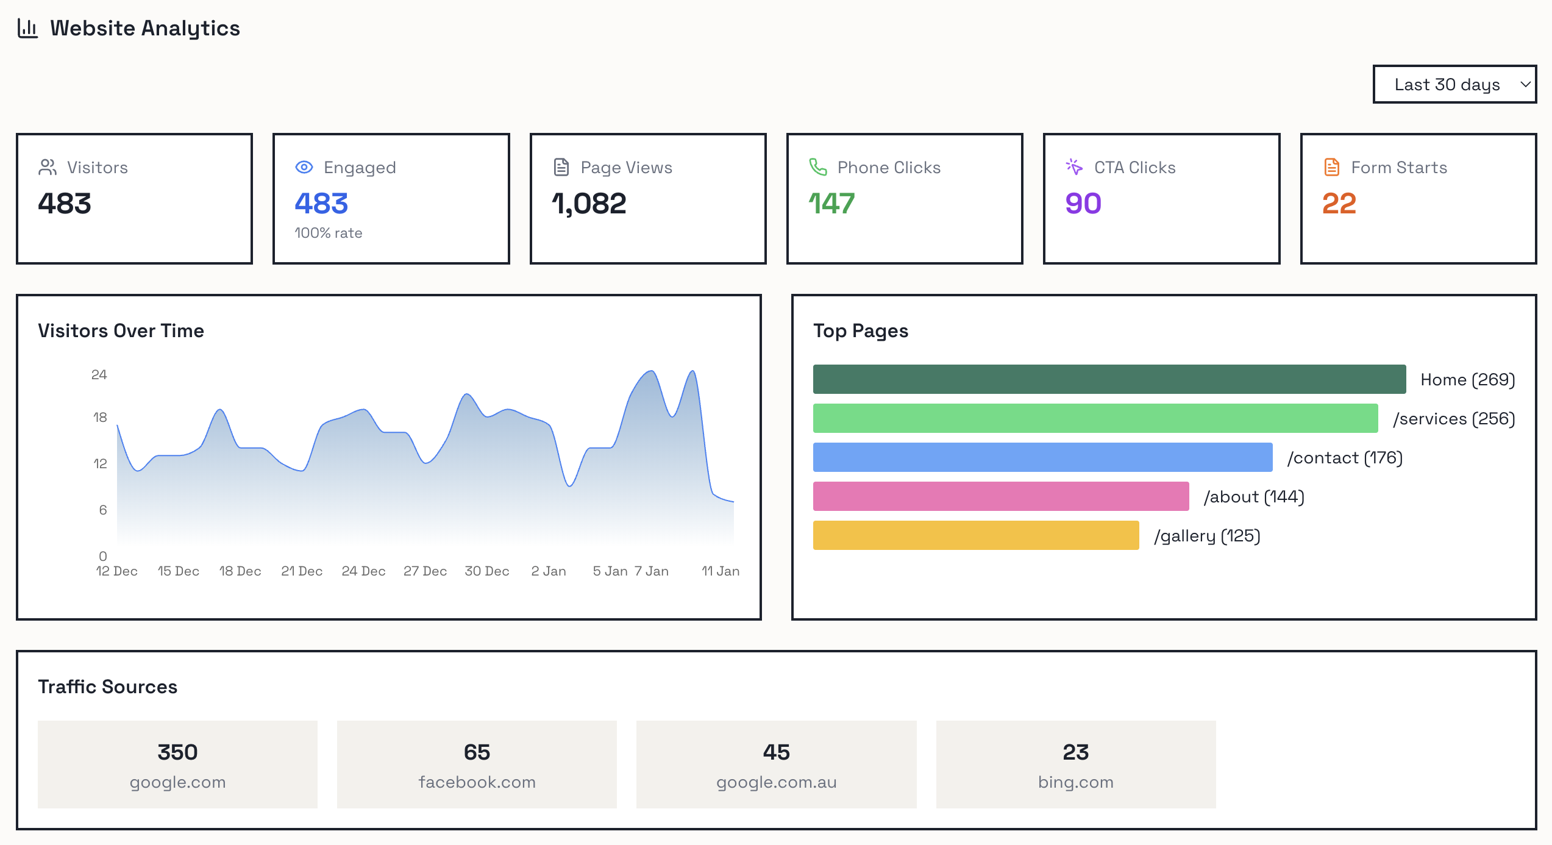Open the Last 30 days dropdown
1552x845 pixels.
1454,84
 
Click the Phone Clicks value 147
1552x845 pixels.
831,204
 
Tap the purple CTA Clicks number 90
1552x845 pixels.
1083,204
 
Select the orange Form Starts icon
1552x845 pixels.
1331,167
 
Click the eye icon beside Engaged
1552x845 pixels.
304,167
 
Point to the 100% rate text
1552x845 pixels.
328,233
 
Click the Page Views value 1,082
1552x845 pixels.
589,204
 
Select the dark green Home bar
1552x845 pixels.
1109,379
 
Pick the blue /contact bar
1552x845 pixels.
1042,457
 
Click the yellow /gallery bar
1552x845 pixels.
975,535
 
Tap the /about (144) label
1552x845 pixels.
1254,497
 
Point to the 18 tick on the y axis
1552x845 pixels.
100,418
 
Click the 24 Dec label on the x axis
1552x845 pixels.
363,571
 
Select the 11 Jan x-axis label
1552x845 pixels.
720,571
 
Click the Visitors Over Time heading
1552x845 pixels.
121,330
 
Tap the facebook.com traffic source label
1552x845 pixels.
477,782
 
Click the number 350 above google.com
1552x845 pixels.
177,752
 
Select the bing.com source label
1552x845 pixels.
1075,782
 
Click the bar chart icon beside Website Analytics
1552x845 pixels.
28,28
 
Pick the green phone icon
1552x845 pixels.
817,167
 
